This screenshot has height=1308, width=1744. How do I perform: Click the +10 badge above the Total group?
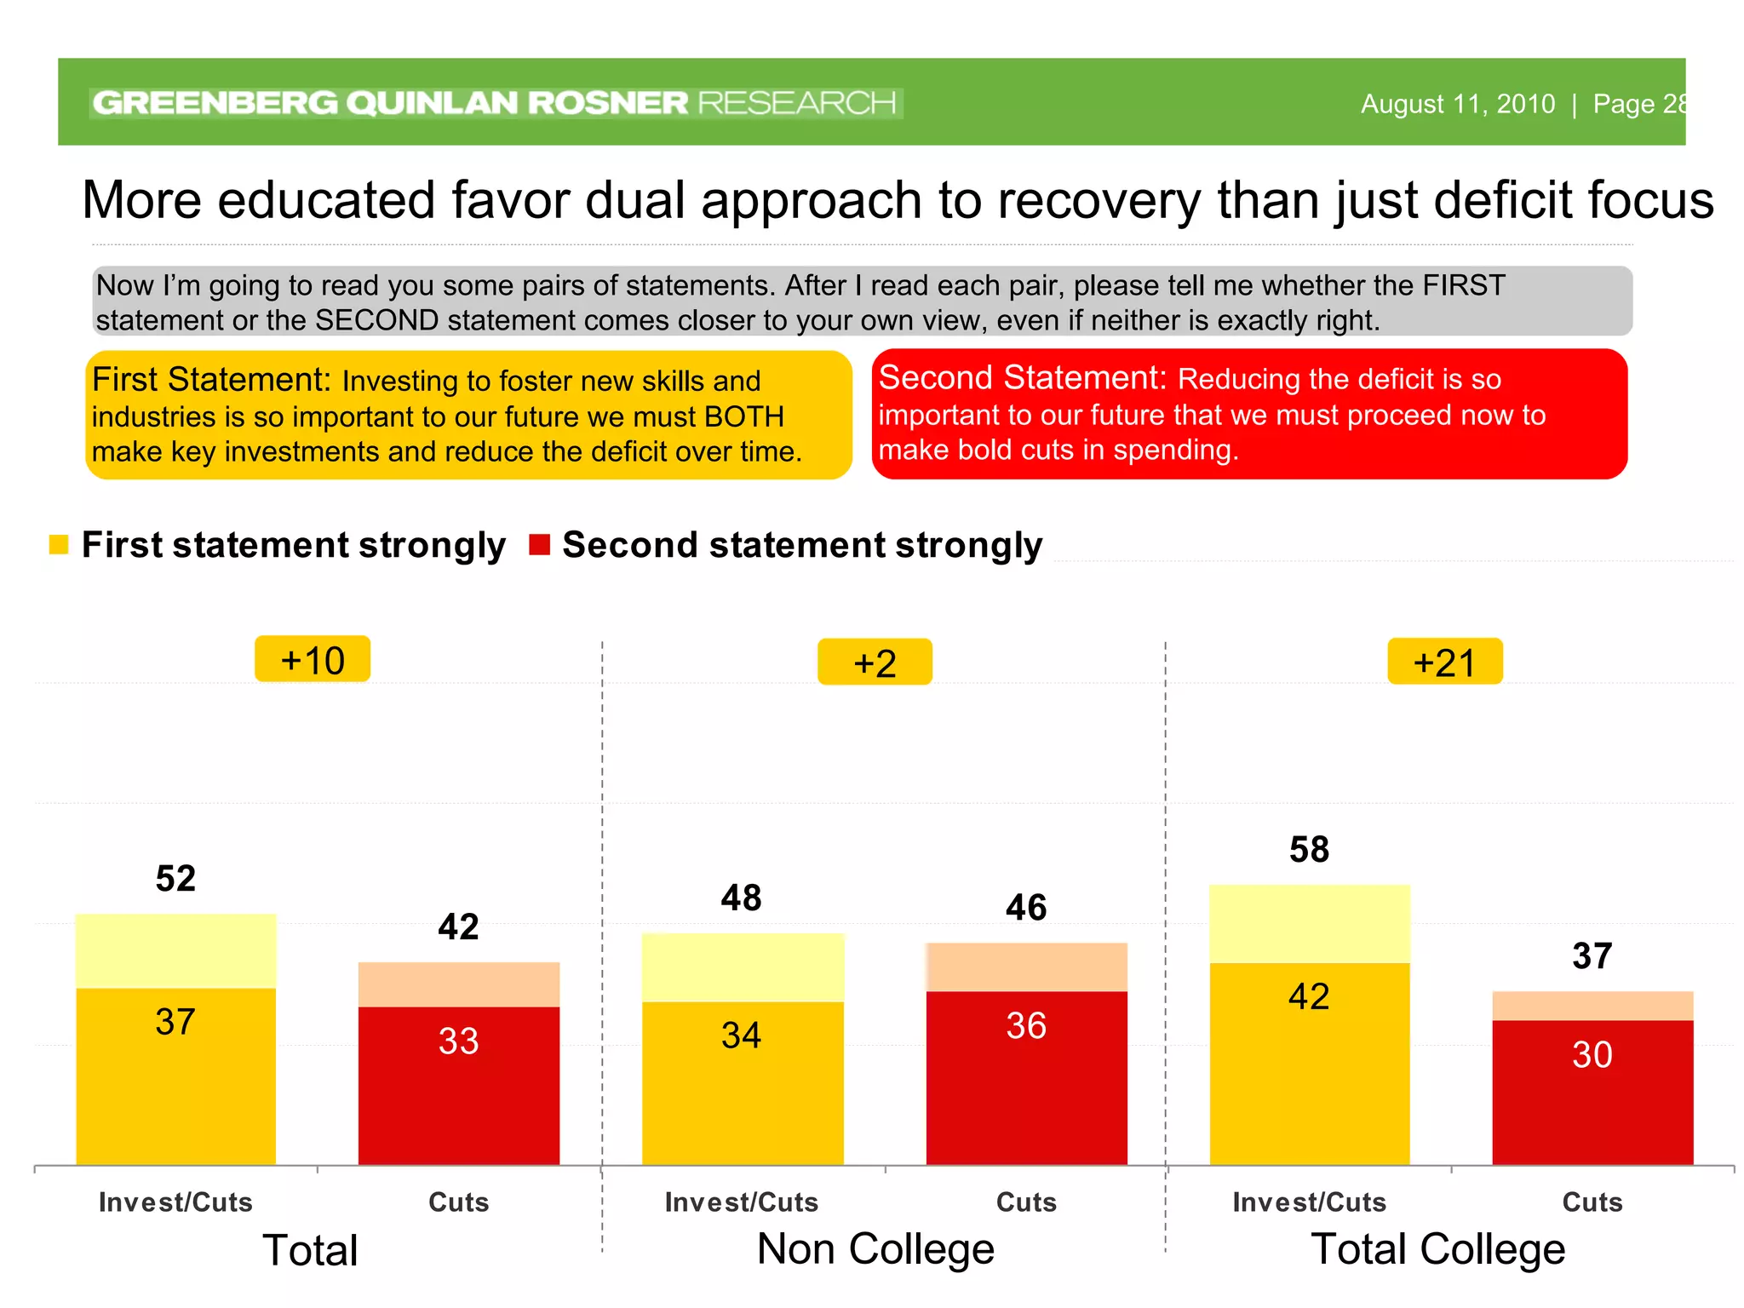point(313,660)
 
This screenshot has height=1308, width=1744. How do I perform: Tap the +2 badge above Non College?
point(875,663)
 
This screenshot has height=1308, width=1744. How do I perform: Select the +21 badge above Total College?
point(1444,662)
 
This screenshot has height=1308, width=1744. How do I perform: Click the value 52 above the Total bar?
point(175,879)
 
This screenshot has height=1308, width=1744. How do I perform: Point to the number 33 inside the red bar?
point(458,1041)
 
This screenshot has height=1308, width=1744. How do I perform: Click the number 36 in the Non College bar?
point(1026,1026)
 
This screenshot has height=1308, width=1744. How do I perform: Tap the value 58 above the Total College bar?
point(1309,850)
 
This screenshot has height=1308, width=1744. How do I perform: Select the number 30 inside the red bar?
point(1592,1055)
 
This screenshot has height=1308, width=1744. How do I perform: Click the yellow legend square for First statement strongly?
point(59,545)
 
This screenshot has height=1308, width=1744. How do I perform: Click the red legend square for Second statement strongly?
point(539,545)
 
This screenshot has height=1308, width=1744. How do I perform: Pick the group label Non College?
point(875,1249)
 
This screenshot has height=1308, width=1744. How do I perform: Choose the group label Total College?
point(1437,1249)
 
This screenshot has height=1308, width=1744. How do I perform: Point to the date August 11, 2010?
point(1457,104)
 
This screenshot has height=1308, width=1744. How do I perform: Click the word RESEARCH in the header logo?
point(797,103)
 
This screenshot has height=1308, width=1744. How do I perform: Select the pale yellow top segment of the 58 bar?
point(1309,924)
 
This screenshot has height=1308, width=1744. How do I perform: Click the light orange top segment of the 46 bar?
point(1026,967)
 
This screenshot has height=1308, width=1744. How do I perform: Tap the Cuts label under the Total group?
point(458,1202)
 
